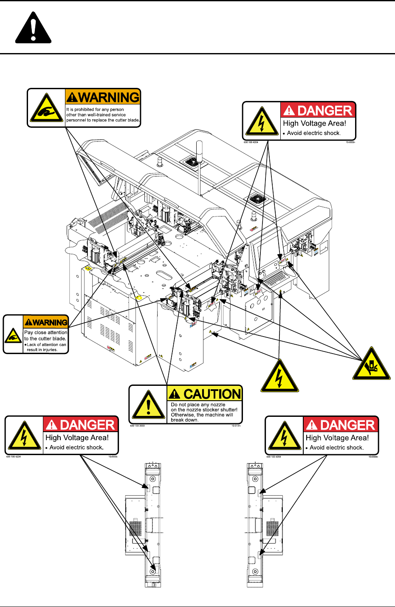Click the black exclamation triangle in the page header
(34, 28)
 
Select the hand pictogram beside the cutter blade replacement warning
(46, 108)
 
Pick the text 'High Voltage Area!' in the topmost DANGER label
(314, 124)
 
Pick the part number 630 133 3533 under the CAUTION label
(138, 426)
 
